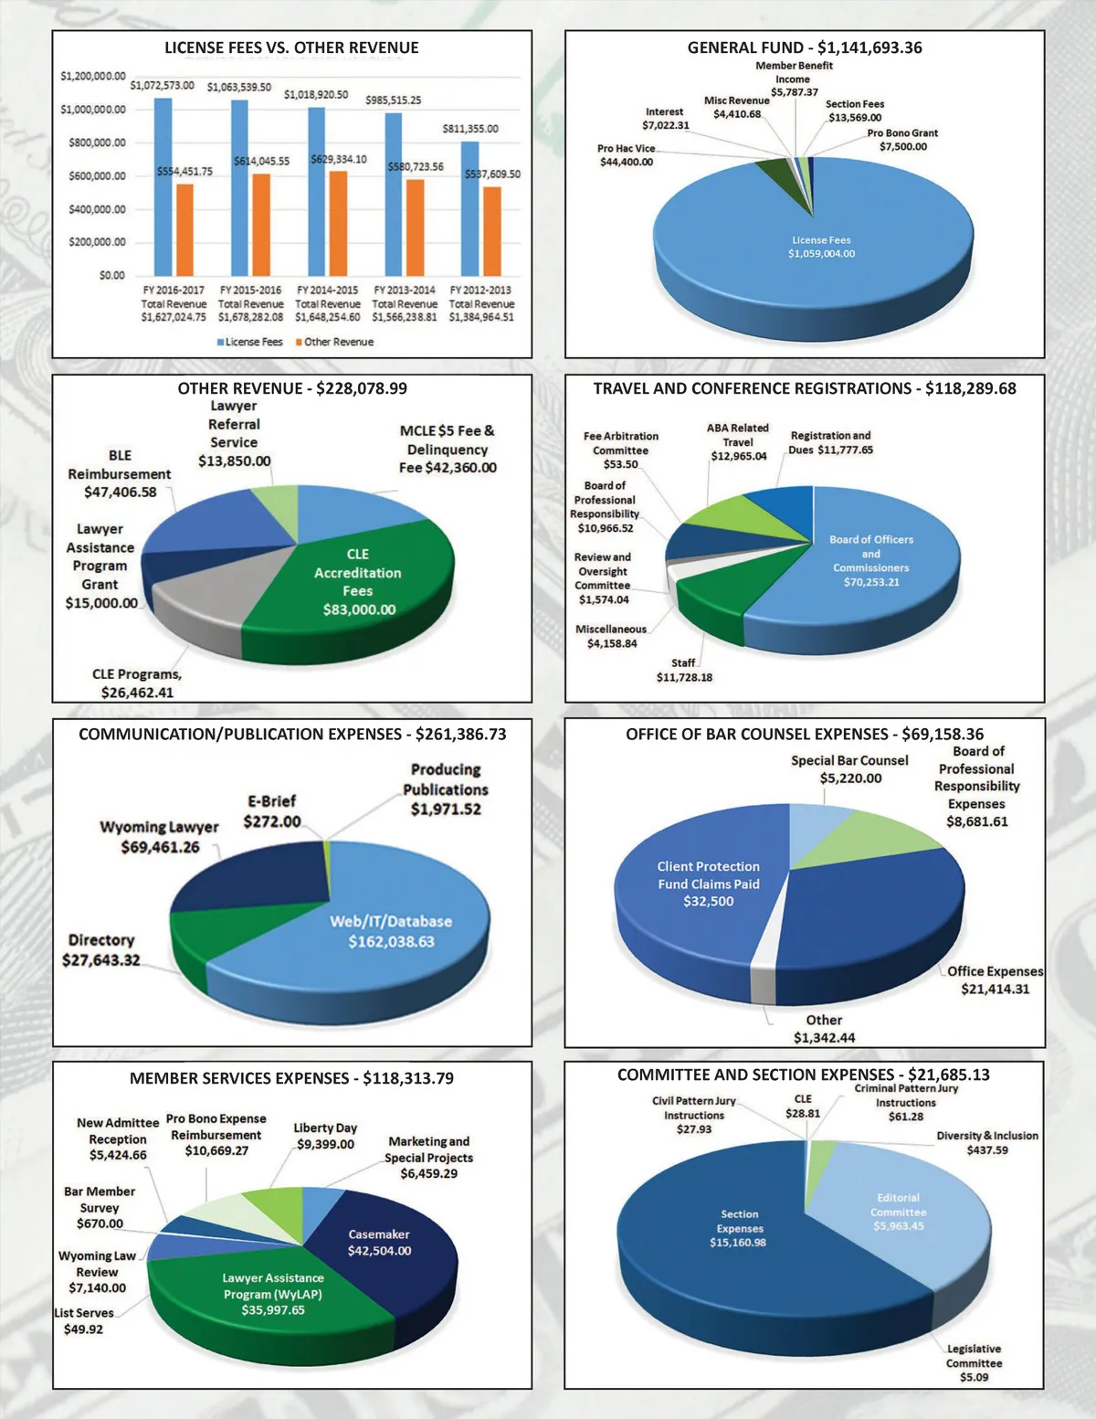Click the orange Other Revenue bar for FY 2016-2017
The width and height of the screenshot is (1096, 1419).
(184, 228)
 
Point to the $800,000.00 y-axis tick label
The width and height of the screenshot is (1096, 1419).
(97, 143)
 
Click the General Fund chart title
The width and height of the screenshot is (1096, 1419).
(804, 48)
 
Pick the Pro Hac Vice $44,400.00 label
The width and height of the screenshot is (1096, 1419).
(627, 155)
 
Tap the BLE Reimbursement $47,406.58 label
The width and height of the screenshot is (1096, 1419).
(119, 473)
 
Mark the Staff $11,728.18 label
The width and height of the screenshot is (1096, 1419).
(684, 670)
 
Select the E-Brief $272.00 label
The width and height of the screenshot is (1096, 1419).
(271, 811)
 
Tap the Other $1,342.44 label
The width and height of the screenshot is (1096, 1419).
(824, 1028)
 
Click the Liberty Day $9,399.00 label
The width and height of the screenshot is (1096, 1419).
(325, 1136)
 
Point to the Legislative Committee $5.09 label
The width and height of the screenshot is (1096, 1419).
(974, 1362)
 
